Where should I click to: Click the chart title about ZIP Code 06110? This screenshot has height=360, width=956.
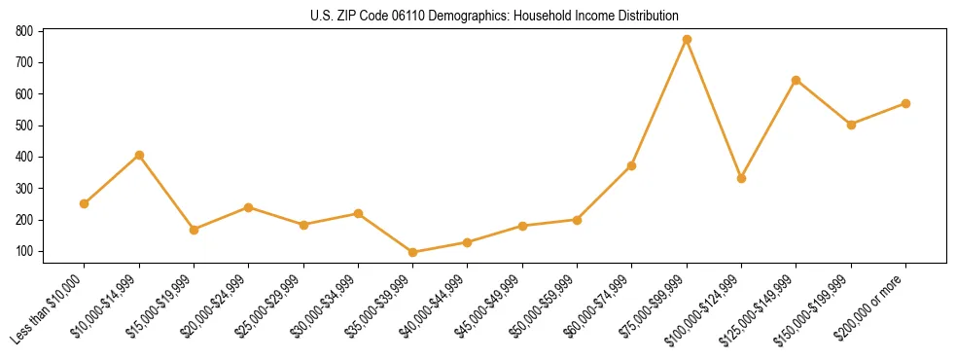[x=478, y=16]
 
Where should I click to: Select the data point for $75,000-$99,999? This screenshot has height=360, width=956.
[x=687, y=39]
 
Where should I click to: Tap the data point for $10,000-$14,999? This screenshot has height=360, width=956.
[x=139, y=155]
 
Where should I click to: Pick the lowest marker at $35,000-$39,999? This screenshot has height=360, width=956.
[x=413, y=252]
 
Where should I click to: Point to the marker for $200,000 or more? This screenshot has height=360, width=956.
[x=905, y=103]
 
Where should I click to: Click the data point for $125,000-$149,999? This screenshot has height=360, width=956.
[x=797, y=80]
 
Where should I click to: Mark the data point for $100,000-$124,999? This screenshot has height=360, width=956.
[x=741, y=178]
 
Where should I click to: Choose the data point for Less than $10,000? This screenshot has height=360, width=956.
[x=85, y=203]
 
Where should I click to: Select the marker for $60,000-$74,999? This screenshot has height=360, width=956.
[x=632, y=165]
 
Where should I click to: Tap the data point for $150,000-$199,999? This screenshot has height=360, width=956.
[x=851, y=125]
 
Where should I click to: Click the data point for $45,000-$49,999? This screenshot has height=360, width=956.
[x=522, y=226]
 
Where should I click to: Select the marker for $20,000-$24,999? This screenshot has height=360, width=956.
[x=249, y=207]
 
